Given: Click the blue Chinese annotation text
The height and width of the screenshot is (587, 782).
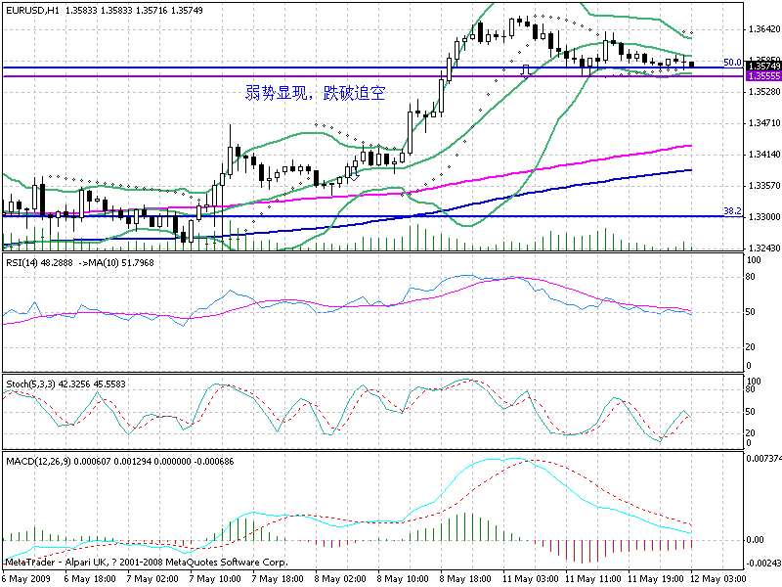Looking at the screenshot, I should click(x=315, y=94).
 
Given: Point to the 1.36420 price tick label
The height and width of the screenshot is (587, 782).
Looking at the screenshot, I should click(x=761, y=28).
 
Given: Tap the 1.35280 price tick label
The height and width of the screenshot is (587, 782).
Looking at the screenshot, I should click(x=761, y=92).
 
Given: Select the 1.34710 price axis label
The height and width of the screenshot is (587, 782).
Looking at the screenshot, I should click(x=761, y=123).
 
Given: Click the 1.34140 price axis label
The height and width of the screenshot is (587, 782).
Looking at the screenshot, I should click(x=761, y=155).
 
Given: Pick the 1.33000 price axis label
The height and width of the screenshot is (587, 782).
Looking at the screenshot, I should click(x=761, y=217).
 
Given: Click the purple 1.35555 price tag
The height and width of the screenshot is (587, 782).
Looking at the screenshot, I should click(x=762, y=75).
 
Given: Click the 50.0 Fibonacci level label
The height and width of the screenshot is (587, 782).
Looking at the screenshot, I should click(x=731, y=63).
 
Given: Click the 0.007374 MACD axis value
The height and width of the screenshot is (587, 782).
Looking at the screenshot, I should click(x=762, y=458).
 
